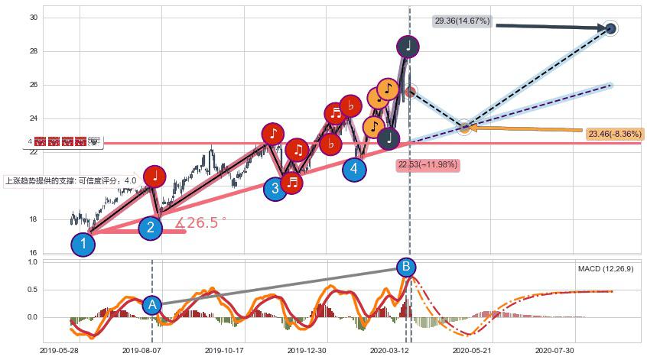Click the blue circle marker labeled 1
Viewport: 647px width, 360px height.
tap(83, 245)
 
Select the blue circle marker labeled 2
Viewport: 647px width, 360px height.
tap(151, 227)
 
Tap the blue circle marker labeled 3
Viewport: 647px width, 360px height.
tap(275, 188)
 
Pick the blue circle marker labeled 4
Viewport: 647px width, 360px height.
tap(354, 169)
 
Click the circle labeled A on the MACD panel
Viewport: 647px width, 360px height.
tap(152, 305)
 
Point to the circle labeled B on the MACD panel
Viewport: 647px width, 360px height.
tap(406, 267)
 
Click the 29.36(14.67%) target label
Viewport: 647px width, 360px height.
tap(462, 21)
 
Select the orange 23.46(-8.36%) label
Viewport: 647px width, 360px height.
tap(615, 134)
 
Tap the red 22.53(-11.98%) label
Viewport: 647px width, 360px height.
tap(428, 164)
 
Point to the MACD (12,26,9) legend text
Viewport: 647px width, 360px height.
tap(605, 269)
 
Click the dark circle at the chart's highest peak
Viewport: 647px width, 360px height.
tap(408, 46)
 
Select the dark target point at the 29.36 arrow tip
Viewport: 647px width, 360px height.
tap(610, 29)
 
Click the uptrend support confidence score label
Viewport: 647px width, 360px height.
tap(71, 181)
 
